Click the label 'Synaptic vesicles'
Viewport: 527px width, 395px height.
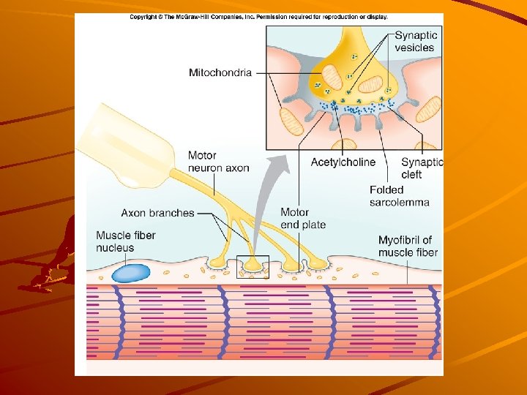[415, 41]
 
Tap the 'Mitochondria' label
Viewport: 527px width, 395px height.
[220, 72]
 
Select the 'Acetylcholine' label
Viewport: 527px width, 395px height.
[343, 162]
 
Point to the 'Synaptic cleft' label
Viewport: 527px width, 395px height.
[422, 168]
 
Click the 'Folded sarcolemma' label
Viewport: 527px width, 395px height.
[399, 196]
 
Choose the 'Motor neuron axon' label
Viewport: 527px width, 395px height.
[218, 162]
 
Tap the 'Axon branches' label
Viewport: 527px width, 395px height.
[157, 214]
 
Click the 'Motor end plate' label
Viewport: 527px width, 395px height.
[303, 218]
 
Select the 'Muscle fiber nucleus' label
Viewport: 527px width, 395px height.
[125, 241]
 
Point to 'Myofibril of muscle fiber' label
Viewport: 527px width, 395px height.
[408, 247]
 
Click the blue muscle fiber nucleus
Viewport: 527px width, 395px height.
[130, 273]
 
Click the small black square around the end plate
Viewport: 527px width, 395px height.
[253, 267]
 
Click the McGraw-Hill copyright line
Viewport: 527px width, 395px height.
[259, 17]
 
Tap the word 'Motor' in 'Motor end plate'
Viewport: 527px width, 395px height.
[294, 212]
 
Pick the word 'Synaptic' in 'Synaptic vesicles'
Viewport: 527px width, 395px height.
[416, 34]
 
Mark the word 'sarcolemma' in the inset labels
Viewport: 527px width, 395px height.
[399, 202]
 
